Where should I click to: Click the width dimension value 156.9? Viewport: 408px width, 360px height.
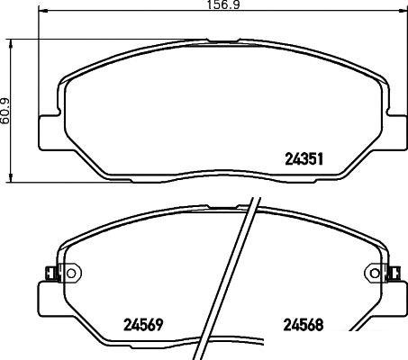pos(223,4)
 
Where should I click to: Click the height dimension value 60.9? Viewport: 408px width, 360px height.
pos(5,111)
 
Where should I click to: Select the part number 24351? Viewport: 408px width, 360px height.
pos(304,159)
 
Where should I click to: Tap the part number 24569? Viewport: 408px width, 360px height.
pos(143,325)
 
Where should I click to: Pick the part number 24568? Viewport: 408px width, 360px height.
pos(304,325)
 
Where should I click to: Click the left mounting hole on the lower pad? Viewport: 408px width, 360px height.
pos(71,273)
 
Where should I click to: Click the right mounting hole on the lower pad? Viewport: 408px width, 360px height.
pos(375,273)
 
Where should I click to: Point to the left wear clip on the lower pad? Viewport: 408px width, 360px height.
pos(51,273)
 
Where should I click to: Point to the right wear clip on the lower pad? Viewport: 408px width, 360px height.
pos(394,273)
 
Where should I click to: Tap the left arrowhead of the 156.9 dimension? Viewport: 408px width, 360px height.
pos(42,11)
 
